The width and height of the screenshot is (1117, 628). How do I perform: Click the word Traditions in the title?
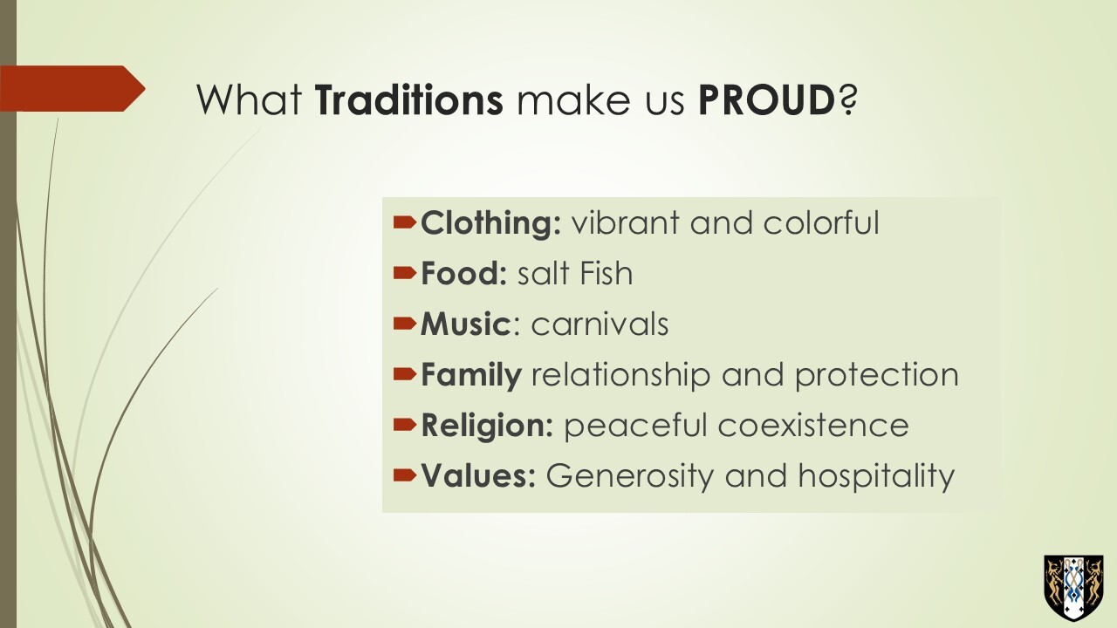(409, 100)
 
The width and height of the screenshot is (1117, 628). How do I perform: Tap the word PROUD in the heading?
(767, 100)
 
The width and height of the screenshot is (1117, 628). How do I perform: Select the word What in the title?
(250, 100)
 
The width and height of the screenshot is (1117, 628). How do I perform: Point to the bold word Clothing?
(491, 223)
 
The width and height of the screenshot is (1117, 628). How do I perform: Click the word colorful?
(821, 222)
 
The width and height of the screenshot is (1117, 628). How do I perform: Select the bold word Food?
(463, 273)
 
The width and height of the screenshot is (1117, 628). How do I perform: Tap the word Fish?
(604, 273)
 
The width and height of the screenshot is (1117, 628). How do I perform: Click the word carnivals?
(600, 324)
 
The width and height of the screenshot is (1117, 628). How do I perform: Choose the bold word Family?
(471, 375)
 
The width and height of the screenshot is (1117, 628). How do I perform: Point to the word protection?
(877, 375)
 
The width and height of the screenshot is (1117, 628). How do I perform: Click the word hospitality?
(876, 476)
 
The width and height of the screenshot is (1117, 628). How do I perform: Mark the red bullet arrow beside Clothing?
(404, 222)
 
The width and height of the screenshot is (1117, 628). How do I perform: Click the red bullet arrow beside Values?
(404, 475)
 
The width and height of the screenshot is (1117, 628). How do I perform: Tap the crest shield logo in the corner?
(1073, 588)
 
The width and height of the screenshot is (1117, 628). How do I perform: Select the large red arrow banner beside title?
(72, 89)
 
